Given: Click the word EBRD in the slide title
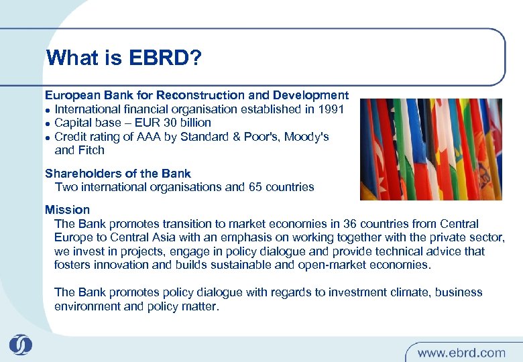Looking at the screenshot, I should (162, 58).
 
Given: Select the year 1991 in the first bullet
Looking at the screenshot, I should (331, 109).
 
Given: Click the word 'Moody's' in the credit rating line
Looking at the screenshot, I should (306, 137).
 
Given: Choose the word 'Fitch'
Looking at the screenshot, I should (91, 150).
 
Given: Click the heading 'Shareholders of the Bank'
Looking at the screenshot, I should (117, 174).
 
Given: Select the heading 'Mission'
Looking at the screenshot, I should (67, 210).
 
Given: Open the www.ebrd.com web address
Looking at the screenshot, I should (461, 352).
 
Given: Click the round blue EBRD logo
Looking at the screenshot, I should (20, 345).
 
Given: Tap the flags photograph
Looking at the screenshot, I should (430, 149).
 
